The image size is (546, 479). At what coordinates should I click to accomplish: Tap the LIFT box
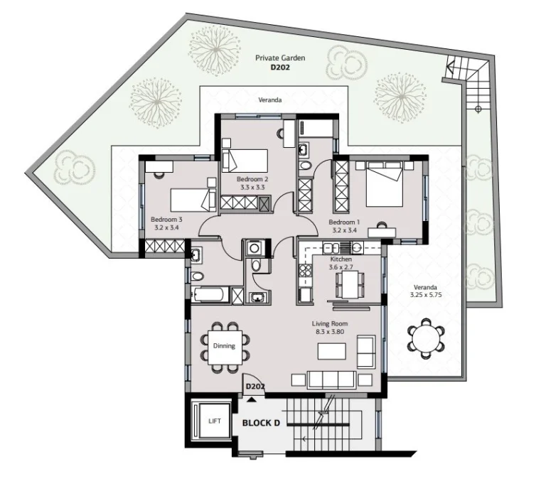pos(214,421)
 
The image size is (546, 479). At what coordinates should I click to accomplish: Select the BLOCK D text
pos(262,422)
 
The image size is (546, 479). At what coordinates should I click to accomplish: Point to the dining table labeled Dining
pos(224,345)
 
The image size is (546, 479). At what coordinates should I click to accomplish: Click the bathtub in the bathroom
pos(211,294)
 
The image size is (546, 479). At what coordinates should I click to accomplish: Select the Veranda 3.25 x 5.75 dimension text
pos(425,292)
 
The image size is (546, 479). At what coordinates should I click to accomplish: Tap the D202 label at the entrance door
pos(255,387)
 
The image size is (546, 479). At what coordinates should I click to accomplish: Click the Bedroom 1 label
pos(344,226)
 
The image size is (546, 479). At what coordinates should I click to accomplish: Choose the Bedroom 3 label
pos(166,222)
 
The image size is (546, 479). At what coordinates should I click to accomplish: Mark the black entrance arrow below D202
pos(250,399)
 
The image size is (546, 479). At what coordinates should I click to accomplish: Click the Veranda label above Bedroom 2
pos(269,101)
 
